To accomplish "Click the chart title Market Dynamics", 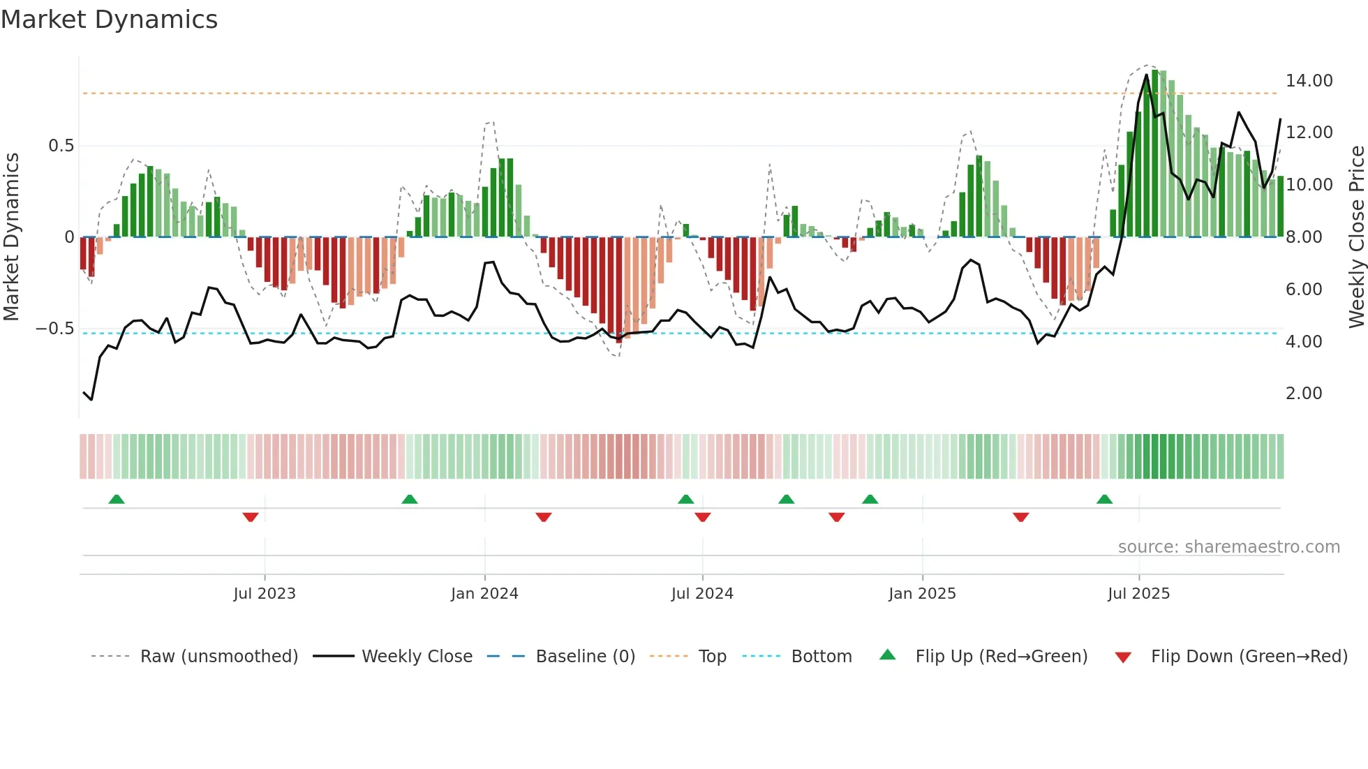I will pos(109,20).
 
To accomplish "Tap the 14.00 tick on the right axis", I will pos(1309,81).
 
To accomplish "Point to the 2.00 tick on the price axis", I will pos(1304,394).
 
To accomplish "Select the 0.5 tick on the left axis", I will pos(61,146).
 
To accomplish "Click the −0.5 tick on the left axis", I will pos(54,329).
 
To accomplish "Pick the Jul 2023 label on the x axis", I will pos(265,594).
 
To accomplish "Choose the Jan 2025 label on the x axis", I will pos(922,594).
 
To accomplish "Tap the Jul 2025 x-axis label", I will pos(1138,594).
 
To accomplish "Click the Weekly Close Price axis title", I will pos(1356,237).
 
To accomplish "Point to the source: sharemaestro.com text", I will pos(1228,547).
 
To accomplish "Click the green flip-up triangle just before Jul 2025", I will pos(1104,500).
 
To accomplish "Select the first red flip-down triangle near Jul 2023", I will pos(251,517).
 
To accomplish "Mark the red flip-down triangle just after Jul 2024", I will pos(703,517).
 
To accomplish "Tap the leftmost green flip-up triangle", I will pos(117,500).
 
